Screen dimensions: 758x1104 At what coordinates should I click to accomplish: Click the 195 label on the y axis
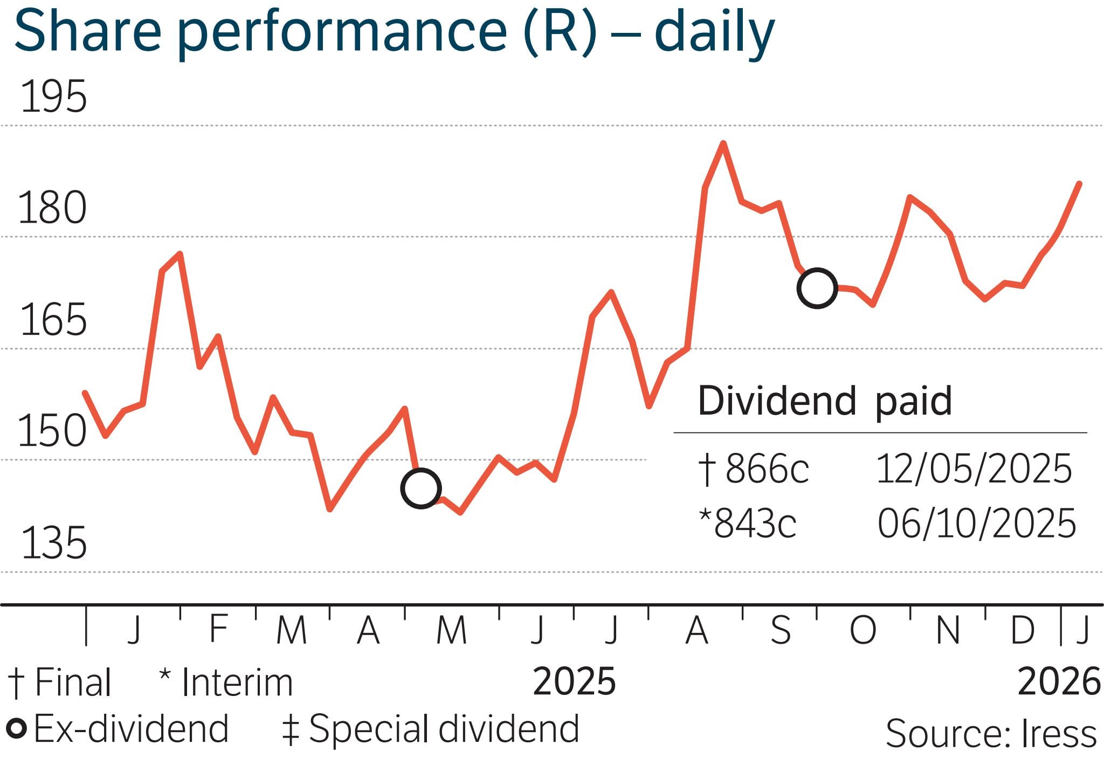tap(53, 97)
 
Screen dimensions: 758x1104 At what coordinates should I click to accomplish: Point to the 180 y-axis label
tap(52, 208)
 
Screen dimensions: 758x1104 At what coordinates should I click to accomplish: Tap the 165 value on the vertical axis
tap(53, 320)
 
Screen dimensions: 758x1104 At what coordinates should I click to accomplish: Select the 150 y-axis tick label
tap(52, 431)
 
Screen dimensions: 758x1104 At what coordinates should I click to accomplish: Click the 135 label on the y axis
tap(53, 543)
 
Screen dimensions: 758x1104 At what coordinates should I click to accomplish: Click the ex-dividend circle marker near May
tap(421, 488)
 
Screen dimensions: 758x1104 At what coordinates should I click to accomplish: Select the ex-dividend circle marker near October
tap(817, 288)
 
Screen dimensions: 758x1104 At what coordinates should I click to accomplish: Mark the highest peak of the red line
tap(723, 143)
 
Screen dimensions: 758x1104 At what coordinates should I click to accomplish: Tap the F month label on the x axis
tap(218, 628)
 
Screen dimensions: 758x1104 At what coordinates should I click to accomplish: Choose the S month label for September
tap(781, 630)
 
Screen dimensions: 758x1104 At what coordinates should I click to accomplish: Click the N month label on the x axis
tap(948, 630)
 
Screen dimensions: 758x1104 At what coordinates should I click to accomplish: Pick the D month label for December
tap(1023, 630)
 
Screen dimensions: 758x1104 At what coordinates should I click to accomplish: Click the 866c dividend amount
tap(767, 468)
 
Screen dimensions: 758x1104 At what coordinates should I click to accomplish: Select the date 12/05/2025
tap(974, 468)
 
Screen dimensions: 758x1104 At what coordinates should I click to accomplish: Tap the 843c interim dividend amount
tap(755, 523)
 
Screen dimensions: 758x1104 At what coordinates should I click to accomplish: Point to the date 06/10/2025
tap(976, 523)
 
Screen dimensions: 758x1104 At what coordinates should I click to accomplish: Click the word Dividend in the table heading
tap(777, 401)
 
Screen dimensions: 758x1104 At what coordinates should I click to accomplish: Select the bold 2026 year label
tap(1059, 682)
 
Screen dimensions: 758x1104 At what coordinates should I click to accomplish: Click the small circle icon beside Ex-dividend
tap(16, 729)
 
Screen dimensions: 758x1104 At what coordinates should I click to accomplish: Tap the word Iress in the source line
tap(1059, 734)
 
